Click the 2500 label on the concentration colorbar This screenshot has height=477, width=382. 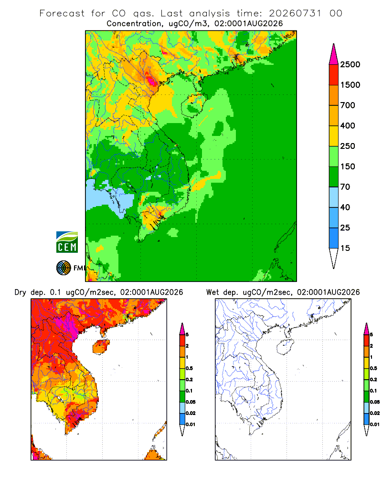350,64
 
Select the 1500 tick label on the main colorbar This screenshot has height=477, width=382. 350,85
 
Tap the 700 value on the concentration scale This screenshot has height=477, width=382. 348,105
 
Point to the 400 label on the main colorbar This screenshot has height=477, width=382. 348,125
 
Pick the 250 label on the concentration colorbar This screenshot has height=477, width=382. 348,146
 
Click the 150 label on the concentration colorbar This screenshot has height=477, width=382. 348,166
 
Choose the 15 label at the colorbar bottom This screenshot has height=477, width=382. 345,248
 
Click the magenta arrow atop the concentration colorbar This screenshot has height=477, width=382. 334,55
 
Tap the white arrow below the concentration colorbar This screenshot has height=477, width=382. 334,258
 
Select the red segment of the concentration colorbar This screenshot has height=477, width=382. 334,75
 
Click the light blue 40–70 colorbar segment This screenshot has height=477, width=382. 334,197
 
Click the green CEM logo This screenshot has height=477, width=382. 67,242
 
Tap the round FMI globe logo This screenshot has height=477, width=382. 64,268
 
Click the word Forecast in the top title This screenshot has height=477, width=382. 62,13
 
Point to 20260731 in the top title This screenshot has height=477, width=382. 295,13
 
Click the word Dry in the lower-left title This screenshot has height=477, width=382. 21,292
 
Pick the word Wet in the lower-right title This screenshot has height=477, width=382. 212,292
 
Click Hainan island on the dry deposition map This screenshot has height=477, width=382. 101,347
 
